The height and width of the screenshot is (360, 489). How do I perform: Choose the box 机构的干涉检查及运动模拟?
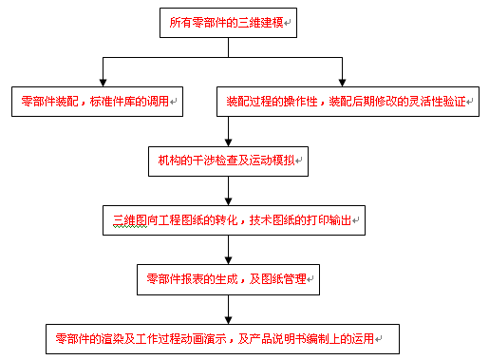(x=227, y=160)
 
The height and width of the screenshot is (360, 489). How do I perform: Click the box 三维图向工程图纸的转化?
(x=233, y=220)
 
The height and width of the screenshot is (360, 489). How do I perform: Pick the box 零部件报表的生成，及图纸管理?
(x=227, y=280)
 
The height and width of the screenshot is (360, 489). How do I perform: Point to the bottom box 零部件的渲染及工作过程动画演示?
(x=220, y=338)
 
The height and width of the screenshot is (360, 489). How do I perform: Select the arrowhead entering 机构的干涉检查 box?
(x=227, y=142)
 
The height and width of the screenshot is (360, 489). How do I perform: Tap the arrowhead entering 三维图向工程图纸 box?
(x=227, y=201)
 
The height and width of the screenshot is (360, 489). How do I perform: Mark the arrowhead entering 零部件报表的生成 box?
(x=227, y=261)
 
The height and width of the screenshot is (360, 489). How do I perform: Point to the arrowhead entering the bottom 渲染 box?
(x=227, y=321)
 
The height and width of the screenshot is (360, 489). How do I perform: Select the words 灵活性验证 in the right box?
(x=441, y=101)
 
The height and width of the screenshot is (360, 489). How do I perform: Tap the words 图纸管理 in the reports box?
(x=284, y=280)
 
